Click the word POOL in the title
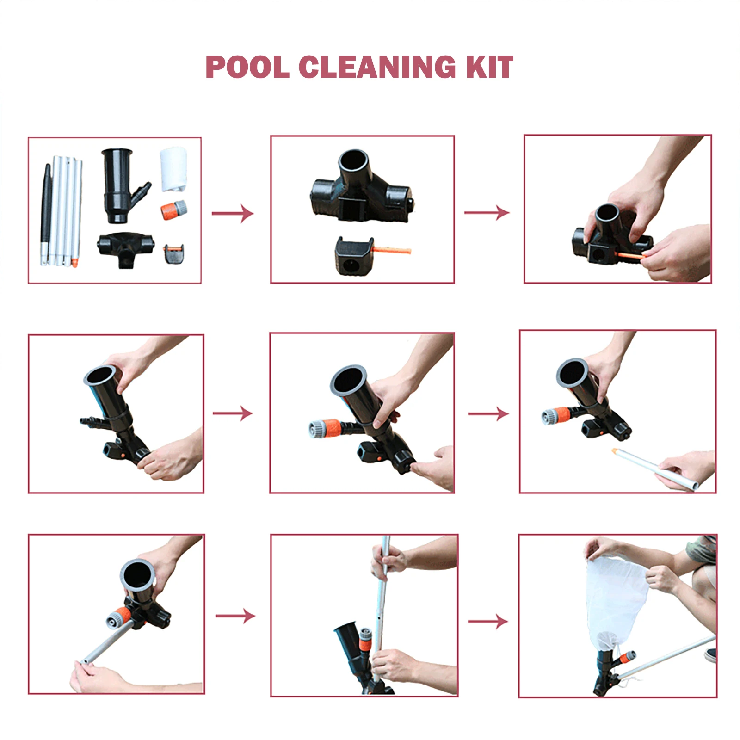pos(247,67)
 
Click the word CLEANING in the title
pos(377,67)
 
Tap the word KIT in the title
pos(490,67)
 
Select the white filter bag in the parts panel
pos(173,169)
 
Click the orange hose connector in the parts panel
pos(174,210)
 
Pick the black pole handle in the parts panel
pos(46,203)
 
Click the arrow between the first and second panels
pos(233,213)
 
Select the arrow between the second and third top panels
pos(487,212)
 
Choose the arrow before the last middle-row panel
pos(488,413)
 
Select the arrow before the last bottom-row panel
pos(488,621)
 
